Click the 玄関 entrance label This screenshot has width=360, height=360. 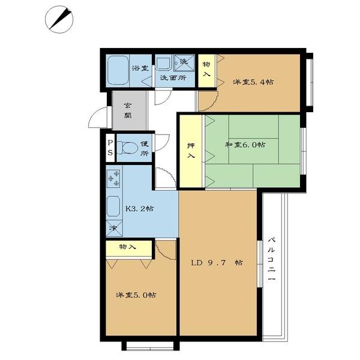(x=128, y=111)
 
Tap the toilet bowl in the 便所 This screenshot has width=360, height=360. (x=127, y=148)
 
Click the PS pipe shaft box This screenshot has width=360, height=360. (x=110, y=148)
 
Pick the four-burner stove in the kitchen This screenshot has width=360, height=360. (x=113, y=178)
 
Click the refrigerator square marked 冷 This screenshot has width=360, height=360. (x=113, y=229)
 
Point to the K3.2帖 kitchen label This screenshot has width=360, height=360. (x=139, y=209)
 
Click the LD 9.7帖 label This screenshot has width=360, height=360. (x=217, y=263)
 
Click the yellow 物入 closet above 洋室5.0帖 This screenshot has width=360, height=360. (x=127, y=247)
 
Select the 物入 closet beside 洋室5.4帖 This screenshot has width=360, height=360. (x=206, y=69)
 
